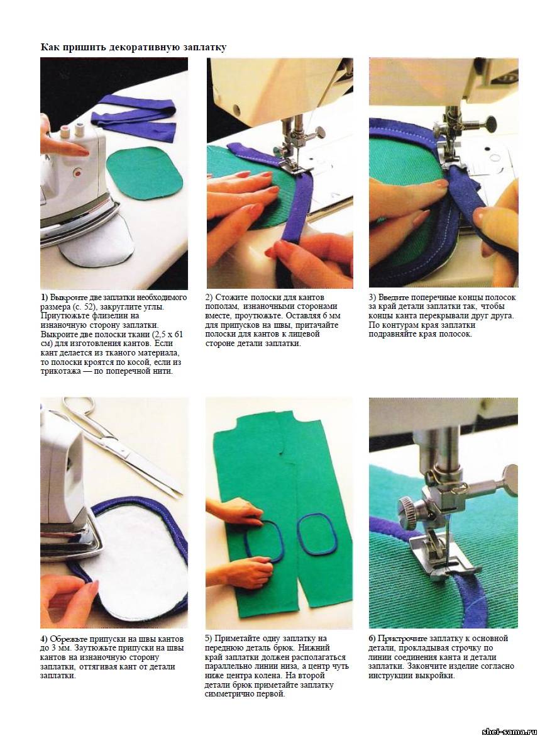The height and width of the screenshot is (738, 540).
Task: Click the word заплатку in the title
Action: coord(204,48)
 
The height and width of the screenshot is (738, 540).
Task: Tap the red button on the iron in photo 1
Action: coord(77,173)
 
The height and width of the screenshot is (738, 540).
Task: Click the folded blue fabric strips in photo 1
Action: coord(134,117)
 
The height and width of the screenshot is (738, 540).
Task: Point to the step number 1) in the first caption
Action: coord(44,298)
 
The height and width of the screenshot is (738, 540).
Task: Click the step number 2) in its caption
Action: coord(209,298)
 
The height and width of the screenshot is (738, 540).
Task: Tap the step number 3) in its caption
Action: coord(373,298)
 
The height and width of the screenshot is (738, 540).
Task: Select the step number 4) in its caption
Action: coord(44,639)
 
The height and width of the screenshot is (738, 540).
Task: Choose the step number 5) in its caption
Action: coord(209,639)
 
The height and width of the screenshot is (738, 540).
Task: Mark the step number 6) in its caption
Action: coord(373,639)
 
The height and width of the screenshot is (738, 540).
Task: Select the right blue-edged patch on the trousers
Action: coord(317,534)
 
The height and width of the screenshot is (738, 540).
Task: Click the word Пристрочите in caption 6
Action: coord(403,639)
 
